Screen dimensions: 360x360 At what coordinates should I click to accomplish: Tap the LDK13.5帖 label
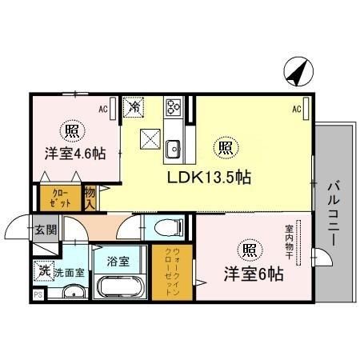coord(209,177)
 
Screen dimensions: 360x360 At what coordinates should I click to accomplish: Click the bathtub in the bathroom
coord(118,285)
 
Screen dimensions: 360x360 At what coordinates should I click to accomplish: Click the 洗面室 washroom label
coord(68,271)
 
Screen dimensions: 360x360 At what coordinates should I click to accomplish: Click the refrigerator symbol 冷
coord(137,105)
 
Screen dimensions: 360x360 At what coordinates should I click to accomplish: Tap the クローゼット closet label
coord(61,198)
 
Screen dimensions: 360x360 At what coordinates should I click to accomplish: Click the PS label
coord(37,296)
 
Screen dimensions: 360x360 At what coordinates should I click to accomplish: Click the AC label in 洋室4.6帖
coord(103,106)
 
